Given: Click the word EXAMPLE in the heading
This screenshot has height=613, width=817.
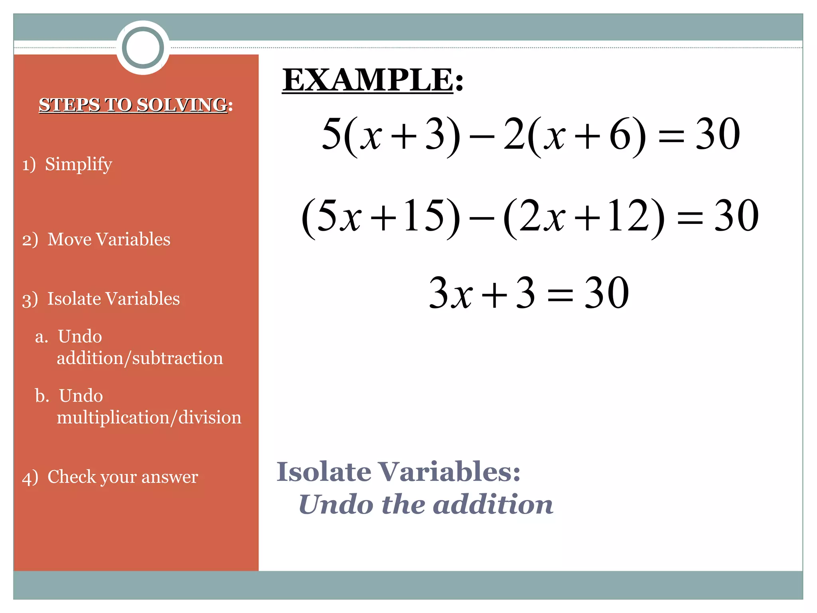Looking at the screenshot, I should click(x=367, y=80).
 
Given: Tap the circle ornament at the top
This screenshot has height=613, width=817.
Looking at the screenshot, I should click(x=143, y=47).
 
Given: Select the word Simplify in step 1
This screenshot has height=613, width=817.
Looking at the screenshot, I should click(x=78, y=164).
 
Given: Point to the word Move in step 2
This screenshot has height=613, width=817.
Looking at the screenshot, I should click(x=69, y=239).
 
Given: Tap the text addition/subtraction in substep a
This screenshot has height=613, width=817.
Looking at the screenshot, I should click(x=140, y=358).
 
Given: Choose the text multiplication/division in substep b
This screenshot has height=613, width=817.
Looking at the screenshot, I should click(x=149, y=417).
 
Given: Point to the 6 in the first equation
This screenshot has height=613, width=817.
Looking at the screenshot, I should click(x=621, y=134).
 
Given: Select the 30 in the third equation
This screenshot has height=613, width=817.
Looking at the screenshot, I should click(x=607, y=293).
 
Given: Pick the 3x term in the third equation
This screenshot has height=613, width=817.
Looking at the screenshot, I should click(x=450, y=293).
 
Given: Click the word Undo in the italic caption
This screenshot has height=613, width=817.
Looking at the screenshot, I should click(x=335, y=504).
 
